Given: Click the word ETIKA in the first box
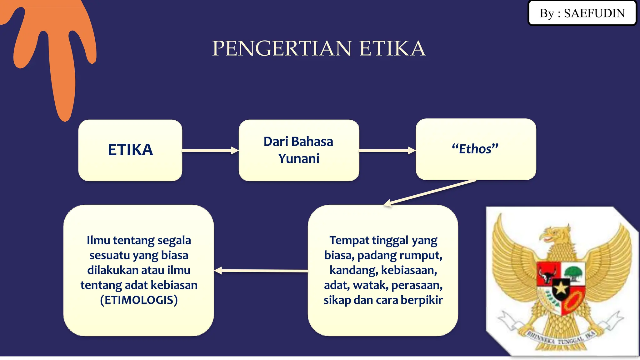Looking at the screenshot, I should (130, 150).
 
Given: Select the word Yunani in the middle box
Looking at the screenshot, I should (299, 158).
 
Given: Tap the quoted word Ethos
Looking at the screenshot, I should (475, 149).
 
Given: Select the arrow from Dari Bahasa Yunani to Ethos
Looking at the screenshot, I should (387, 151).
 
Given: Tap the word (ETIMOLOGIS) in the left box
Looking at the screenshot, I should (139, 300).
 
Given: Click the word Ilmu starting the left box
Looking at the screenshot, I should (98, 240).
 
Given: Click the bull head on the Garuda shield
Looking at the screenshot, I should (548, 275).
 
